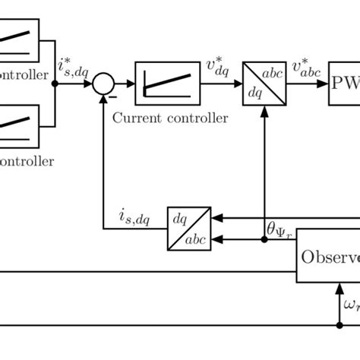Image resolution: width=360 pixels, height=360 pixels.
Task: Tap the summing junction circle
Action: [104, 84]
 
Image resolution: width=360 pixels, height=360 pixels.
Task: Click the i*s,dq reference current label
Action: [74, 68]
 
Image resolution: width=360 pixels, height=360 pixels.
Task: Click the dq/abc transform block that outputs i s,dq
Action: [188, 228]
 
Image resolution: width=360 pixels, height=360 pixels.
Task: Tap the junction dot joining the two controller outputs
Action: [55, 84]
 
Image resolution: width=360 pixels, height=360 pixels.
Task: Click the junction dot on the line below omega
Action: [339, 326]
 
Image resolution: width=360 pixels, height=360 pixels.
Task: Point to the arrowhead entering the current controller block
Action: [131, 84]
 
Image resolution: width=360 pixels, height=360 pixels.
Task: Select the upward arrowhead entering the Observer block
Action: [339, 287]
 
